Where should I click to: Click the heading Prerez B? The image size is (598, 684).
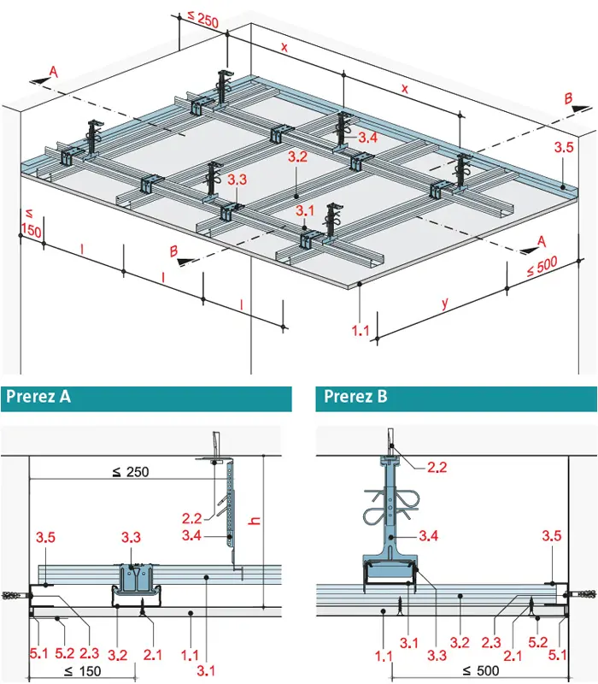point(354,398)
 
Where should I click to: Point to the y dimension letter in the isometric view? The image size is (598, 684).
point(444,303)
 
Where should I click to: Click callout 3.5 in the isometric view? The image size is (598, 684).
point(563,147)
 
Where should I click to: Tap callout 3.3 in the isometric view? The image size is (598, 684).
point(237,180)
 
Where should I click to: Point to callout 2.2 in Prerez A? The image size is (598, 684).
point(194,517)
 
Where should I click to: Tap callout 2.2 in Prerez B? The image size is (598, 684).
point(438,466)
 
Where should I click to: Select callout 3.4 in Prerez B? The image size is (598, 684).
point(430,536)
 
